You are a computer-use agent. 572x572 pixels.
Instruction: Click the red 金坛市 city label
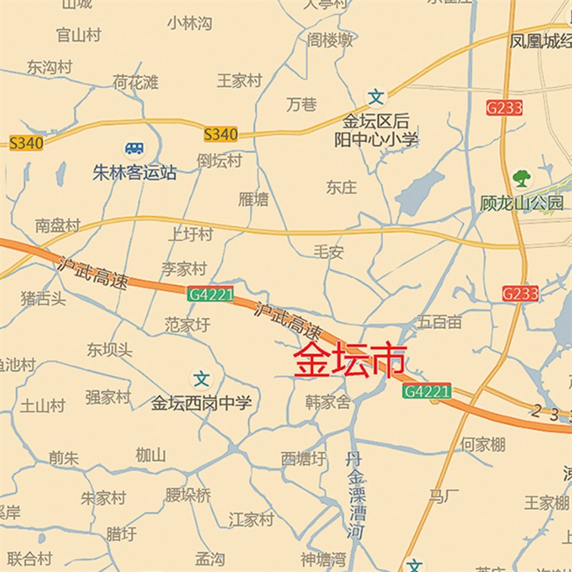(x=350, y=361)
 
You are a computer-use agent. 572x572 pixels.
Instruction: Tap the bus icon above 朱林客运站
(x=134, y=148)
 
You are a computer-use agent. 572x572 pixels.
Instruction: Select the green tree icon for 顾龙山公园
(x=522, y=177)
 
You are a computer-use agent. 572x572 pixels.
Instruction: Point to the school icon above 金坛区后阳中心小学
(x=376, y=96)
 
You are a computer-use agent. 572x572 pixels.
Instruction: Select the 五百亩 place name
(x=440, y=322)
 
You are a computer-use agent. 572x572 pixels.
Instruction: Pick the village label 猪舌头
(x=43, y=298)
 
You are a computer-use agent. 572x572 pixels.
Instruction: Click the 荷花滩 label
(x=135, y=82)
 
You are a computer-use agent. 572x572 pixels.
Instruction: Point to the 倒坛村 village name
(x=220, y=160)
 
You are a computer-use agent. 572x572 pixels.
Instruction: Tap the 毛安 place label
(x=329, y=252)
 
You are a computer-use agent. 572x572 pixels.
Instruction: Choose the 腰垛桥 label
(x=188, y=495)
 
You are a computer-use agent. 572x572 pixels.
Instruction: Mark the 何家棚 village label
(x=483, y=444)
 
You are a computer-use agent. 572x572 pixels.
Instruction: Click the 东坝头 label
(x=109, y=350)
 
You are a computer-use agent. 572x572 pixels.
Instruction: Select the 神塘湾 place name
(x=323, y=558)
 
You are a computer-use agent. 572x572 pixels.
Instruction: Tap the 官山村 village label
(x=79, y=34)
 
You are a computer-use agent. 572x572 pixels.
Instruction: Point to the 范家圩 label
(x=188, y=325)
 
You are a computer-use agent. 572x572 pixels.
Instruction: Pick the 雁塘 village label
(x=253, y=199)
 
